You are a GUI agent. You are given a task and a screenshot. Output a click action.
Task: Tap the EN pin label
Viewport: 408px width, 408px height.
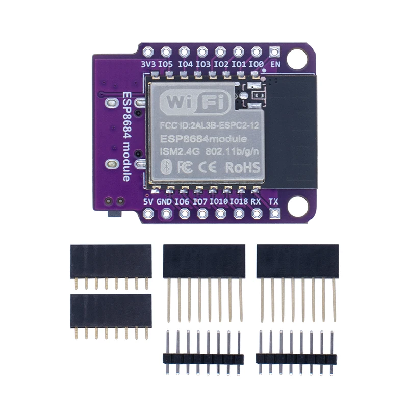(275, 65)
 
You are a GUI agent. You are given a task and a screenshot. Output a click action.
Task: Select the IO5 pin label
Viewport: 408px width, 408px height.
(165, 65)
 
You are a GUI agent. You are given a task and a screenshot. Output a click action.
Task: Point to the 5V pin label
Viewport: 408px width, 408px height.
(148, 201)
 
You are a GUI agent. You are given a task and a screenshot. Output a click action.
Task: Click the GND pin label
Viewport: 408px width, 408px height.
(164, 201)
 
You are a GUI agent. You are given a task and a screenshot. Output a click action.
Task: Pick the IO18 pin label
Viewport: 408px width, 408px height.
(238, 201)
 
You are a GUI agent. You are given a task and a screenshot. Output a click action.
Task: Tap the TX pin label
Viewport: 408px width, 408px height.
(274, 201)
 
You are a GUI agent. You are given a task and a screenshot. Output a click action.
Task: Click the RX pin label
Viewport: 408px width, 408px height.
(257, 201)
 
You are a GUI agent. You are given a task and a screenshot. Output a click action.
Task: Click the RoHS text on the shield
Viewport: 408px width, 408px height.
(242, 167)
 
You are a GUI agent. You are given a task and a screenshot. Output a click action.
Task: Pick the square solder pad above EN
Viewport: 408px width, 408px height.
(275, 52)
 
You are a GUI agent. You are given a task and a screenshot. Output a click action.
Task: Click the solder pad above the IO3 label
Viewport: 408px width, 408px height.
(202, 52)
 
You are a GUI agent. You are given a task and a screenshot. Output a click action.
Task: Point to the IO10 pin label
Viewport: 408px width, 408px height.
(219, 201)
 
